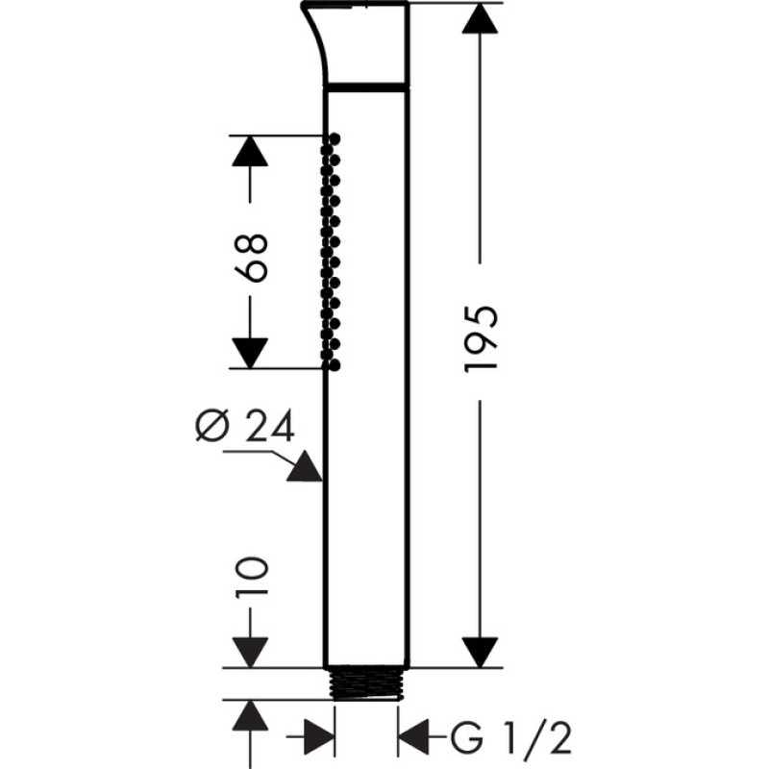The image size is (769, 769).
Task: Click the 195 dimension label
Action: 481,339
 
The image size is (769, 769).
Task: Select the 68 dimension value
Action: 251,258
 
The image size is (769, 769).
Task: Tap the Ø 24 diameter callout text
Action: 245,426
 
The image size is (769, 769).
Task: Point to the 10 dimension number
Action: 252,575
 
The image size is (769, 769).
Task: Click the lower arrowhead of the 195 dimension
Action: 481,653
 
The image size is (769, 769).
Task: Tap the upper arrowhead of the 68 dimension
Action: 250,151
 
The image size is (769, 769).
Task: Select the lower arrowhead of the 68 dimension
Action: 250,353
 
